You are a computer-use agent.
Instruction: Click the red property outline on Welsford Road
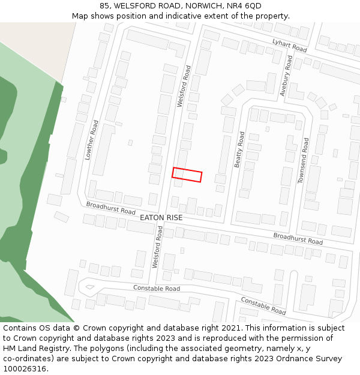coord(187,175)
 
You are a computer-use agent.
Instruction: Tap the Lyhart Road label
coord(289,45)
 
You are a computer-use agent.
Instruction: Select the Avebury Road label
coord(286,76)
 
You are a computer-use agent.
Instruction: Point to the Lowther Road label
coord(91,139)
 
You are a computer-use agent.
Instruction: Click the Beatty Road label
coord(239,149)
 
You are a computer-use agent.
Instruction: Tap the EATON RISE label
coord(161,217)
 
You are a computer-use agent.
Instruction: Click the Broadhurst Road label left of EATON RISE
coord(110,208)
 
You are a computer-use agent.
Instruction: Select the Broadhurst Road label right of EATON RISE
coord(298,238)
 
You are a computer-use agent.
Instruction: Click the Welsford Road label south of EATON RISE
coord(157,247)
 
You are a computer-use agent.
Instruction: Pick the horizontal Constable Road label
coord(156,289)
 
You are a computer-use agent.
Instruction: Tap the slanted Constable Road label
coord(263,305)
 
